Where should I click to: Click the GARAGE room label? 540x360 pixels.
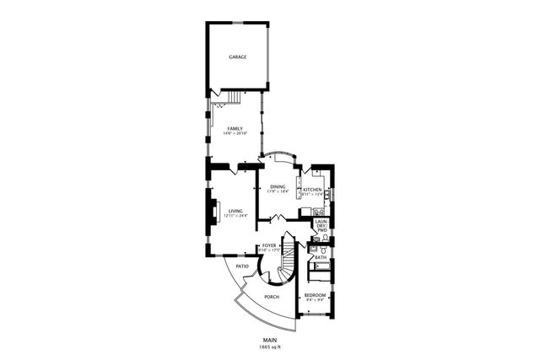[237, 57]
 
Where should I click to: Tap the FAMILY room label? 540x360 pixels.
[234, 128]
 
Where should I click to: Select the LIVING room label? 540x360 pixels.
[235, 211]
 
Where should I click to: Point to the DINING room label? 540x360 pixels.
[278, 186]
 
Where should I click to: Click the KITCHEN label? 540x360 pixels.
[312, 190]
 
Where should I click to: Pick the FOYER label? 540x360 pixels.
[269, 246]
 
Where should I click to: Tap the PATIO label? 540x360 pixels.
[242, 266]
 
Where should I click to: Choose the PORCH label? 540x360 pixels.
[272, 297]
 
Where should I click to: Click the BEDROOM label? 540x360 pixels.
[316, 293]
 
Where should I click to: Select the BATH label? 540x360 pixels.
[321, 256]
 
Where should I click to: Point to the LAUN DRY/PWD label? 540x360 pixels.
[321, 225]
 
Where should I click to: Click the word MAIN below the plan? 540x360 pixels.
[270, 340]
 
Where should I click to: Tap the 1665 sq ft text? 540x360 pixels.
[270, 347]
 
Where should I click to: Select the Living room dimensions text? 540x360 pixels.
[235, 216]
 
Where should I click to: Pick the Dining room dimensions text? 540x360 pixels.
[278, 191]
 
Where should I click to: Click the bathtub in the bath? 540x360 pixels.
[321, 271]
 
